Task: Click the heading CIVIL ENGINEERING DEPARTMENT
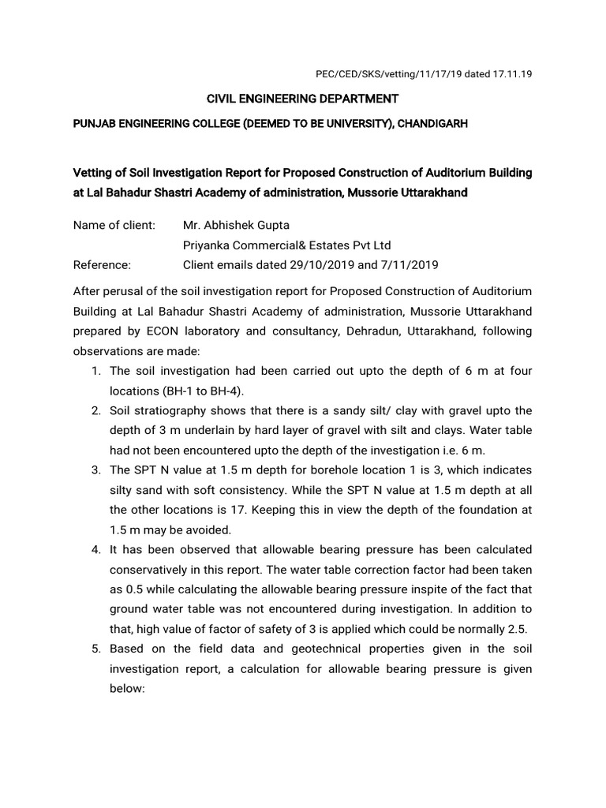(x=303, y=99)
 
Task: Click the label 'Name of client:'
(x=114, y=225)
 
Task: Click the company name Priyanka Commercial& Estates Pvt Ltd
(x=286, y=245)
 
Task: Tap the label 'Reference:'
(x=102, y=264)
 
